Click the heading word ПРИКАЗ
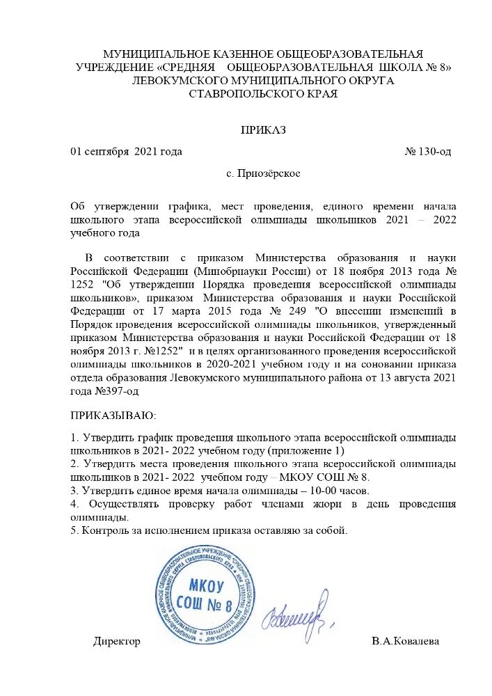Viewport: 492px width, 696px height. click(263, 129)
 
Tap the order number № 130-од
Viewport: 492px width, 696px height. click(431, 152)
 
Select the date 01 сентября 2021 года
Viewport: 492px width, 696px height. click(126, 152)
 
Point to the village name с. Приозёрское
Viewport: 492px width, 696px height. click(263, 173)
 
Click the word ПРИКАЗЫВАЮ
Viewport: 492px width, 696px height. click(104, 416)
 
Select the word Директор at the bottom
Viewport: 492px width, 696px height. click(117, 642)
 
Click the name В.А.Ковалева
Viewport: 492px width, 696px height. click(405, 642)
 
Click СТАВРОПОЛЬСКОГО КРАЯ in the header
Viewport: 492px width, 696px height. click(263, 94)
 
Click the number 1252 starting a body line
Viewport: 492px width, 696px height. click(83, 285)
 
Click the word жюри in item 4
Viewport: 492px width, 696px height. click(305, 503)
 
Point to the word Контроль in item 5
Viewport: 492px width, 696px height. click(104, 530)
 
